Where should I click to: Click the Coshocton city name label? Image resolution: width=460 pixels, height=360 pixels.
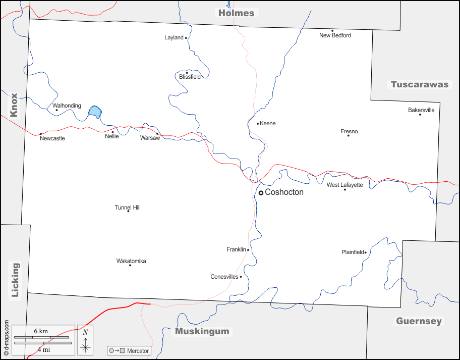pyautogui.click(x=284, y=192)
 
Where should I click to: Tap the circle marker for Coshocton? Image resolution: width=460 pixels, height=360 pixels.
pyautogui.click(x=261, y=193)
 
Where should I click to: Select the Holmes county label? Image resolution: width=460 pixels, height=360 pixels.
pyautogui.click(x=236, y=13)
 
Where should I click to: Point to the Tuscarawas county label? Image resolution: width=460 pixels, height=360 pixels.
pyautogui.click(x=420, y=84)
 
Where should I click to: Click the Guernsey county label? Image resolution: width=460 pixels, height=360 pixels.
pyautogui.click(x=419, y=321)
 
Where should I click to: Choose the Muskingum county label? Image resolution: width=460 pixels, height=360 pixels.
pyautogui.click(x=202, y=332)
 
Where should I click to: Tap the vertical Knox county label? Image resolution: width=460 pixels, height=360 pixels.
pyautogui.click(x=14, y=105)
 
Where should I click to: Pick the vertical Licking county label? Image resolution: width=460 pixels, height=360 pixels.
pyautogui.click(x=15, y=280)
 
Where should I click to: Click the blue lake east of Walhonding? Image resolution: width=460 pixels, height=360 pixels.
pyautogui.click(x=94, y=112)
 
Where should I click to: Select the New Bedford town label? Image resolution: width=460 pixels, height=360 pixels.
pyautogui.click(x=335, y=35)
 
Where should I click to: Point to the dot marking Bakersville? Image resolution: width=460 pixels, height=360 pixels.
pyautogui.click(x=420, y=114)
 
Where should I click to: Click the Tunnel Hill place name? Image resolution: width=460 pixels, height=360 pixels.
pyautogui.click(x=128, y=208)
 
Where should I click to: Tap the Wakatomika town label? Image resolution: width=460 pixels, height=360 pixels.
pyautogui.click(x=131, y=261)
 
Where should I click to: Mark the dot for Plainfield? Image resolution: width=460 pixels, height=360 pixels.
pyautogui.click(x=365, y=252)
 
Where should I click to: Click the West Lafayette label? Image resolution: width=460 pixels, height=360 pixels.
pyautogui.click(x=344, y=185)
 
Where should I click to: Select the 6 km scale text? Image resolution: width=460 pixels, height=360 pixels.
pyautogui.click(x=41, y=331)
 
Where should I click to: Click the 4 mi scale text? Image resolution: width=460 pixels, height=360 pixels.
pyautogui.click(x=43, y=348)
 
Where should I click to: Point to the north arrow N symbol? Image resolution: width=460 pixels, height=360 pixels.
pyautogui.click(x=85, y=332)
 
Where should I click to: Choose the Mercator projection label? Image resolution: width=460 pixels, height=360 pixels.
pyautogui.click(x=138, y=351)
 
